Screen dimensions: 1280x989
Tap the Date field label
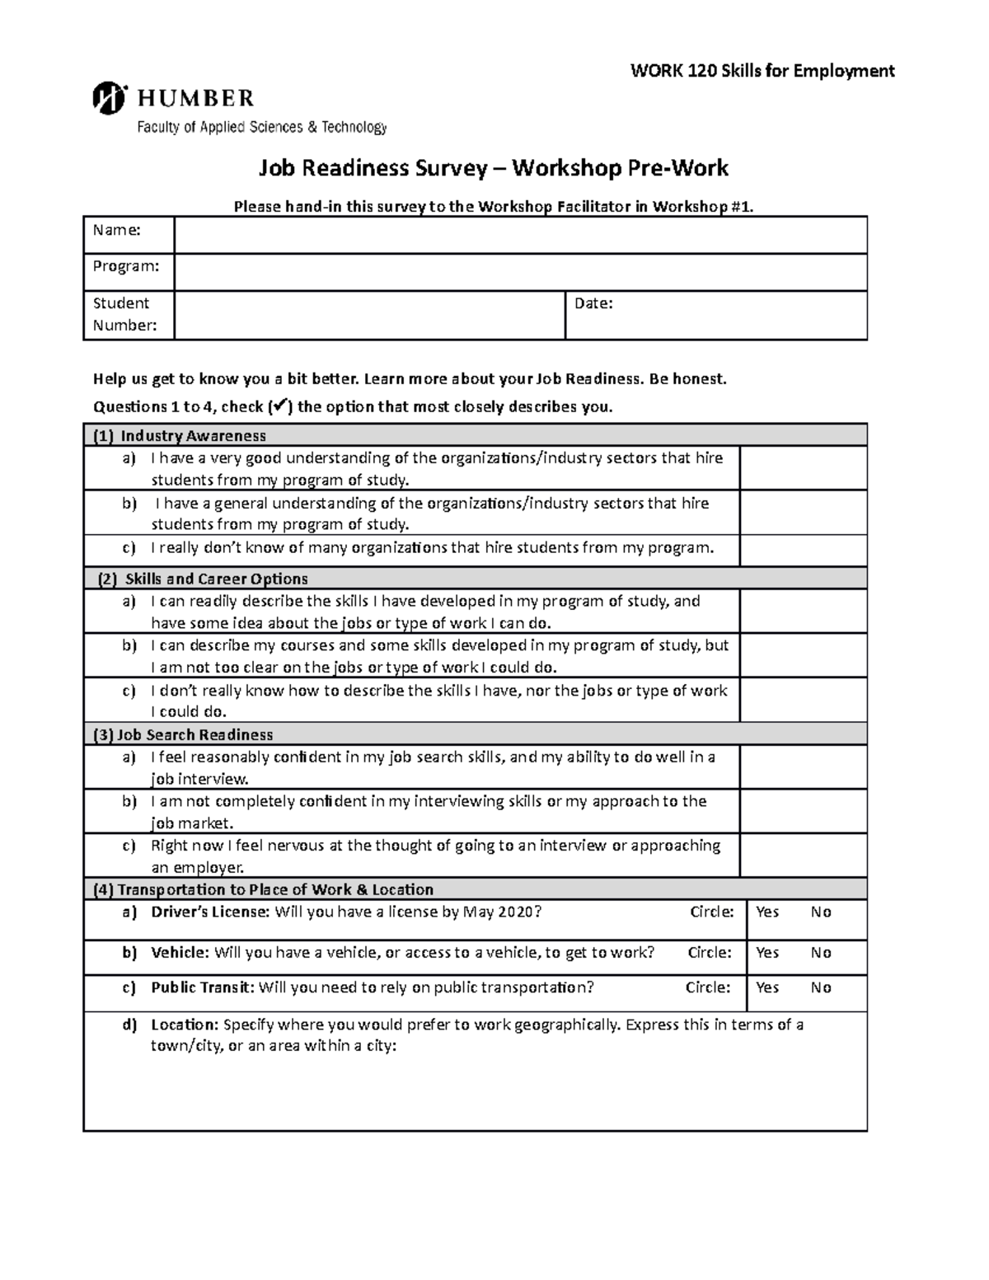coord(593,303)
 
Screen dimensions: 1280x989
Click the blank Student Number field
coord(369,315)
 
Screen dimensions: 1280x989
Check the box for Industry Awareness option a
coord(803,468)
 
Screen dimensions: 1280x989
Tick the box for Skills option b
coord(803,656)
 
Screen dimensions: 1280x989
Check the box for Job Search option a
coord(803,767)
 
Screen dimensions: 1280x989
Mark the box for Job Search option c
coord(803,855)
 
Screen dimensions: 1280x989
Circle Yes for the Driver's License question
coord(767,912)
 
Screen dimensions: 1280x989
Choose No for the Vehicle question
coord(821,953)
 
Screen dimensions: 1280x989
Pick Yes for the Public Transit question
coord(767,987)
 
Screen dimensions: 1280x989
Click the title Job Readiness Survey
coord(373,168)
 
